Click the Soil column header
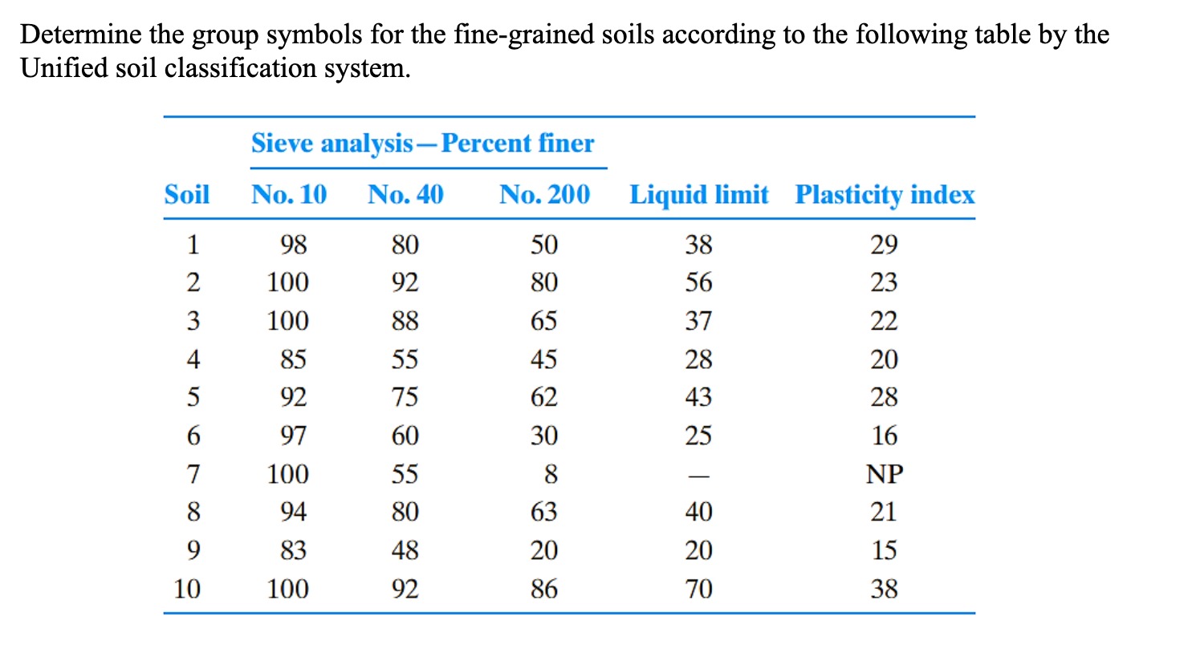(186, 194)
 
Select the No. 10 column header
(289, 194)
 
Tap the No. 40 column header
(405, 194)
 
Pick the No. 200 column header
(544, 194)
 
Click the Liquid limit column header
(698, 194)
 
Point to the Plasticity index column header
(885, 195)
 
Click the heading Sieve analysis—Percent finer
(423, 143)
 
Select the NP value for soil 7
(885, 474)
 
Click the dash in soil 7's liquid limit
(698, 476)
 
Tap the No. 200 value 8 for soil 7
(550, 474)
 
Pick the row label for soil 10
(187, 589)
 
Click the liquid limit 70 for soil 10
(698, 589)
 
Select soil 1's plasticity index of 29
(884, 244)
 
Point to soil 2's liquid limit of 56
(698, 282)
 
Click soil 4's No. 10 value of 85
(293, 359)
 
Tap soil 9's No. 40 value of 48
(405, 550)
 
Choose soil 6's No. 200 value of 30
(543, 436)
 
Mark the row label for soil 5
(193, 397)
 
